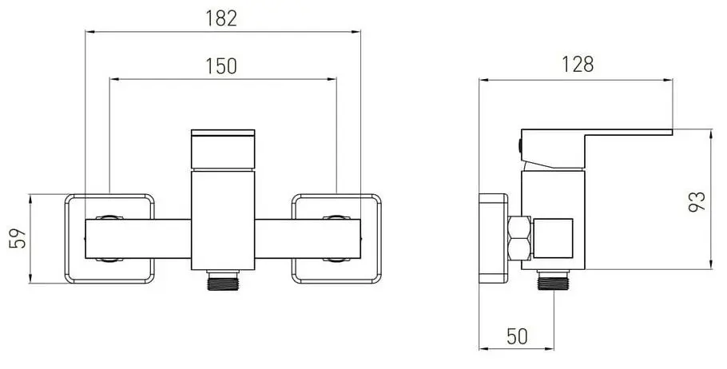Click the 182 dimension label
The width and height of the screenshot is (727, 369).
pyautogui.click(x=221, y=18)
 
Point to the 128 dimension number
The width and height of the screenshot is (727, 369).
pyautogui.click(x=577, y=65)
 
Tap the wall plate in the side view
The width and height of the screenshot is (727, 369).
pyautogui.click(x=494, y=238)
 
